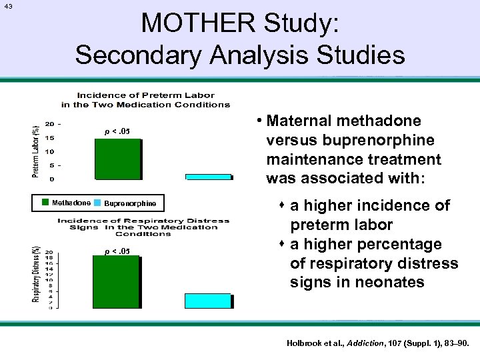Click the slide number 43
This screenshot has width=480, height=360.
pos(8,7)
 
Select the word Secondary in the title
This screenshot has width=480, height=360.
pos(145,54)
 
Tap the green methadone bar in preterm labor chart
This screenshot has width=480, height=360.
pos(117,159)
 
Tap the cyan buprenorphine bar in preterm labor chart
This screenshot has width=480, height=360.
pos(209,177)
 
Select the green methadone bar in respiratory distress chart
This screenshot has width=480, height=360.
pos(117,281)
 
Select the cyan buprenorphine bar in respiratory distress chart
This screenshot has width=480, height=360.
pos(209,301)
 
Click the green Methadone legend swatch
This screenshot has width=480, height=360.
pos(45,203)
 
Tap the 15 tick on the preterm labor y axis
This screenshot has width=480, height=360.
pos(50,138)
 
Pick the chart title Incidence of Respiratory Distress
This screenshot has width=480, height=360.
pos(143,226)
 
